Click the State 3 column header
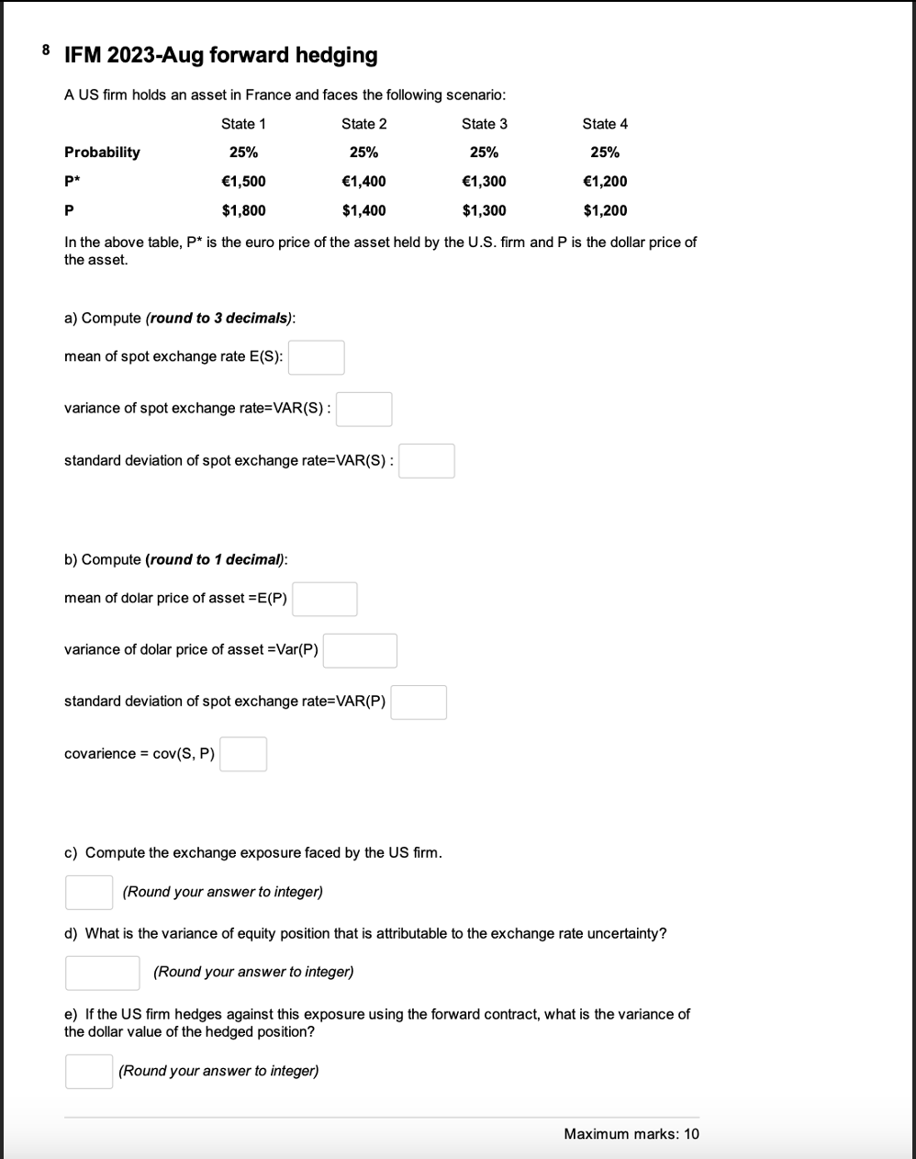484,124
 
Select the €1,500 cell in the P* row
243,182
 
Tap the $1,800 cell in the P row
243,211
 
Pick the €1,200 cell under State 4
605,182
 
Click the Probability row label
102,152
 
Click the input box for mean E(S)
317,357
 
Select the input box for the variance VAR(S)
363,410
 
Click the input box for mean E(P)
325,599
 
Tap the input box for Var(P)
360,650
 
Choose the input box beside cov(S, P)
243,754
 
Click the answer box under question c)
89,892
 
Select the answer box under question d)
102,973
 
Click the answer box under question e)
89,1071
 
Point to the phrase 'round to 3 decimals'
219,319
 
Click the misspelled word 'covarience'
99,754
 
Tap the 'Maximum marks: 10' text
631,1134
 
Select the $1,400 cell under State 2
363,211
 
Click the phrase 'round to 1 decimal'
216,560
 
